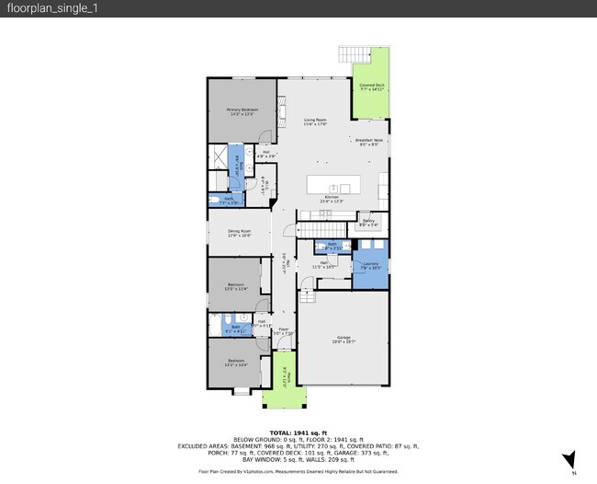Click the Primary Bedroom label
[x=242, y=111]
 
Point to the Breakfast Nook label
[x=369, y=142]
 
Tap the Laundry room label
[x=371, y=266]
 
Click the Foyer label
[x=285, y=331]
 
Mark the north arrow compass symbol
[x=570, y=460]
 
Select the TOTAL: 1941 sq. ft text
[x=298, y=432]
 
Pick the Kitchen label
[x=332, y=199]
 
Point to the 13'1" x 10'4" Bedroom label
[x=237, y=363]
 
